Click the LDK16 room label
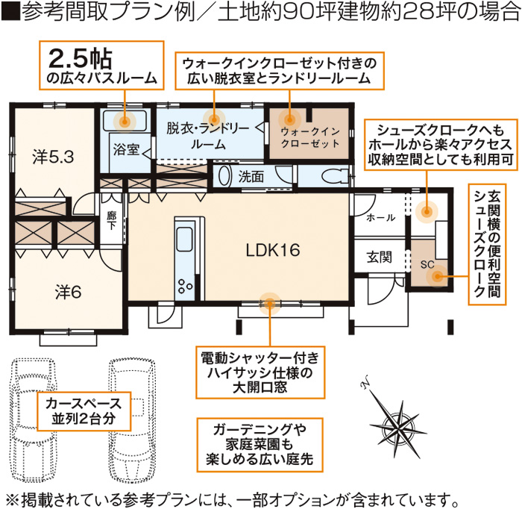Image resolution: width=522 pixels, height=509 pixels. click(273, 250)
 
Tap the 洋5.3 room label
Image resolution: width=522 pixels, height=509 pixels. click(53, 157)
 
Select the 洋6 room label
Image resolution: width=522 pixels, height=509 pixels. click(69, 292)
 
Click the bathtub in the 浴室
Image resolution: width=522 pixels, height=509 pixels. click(125, 121)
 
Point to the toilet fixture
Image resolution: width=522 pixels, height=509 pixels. click(336, 175)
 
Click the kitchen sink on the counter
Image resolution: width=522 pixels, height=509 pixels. click(184, 239)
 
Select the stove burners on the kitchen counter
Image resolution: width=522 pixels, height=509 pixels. click(185, 286)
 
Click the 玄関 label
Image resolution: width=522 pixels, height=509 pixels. click(379, 257)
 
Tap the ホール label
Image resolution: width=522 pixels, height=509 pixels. click(380, 218)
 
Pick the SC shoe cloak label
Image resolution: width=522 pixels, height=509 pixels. click(427, 264)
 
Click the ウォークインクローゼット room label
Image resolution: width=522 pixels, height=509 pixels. click(310, 137)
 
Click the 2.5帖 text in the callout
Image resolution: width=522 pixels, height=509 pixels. click(81, 59)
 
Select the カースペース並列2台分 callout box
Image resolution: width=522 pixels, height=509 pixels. click(84, 411)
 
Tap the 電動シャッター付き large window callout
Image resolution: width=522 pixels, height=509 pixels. click(260, 372)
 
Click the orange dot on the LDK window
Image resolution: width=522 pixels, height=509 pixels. click(269, 304)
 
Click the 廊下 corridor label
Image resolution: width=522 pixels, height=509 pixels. click(111, 220)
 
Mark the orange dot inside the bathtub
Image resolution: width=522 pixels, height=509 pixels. click(125, 122)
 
